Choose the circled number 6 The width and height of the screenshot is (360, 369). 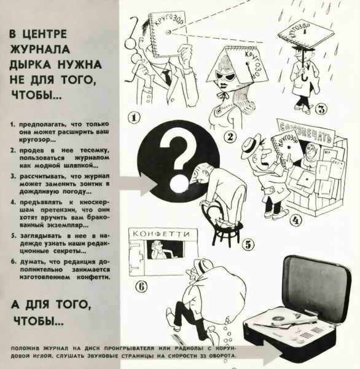140,285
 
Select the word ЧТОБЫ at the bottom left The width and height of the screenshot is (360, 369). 37,321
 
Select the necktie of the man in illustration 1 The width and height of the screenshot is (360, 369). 166,77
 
